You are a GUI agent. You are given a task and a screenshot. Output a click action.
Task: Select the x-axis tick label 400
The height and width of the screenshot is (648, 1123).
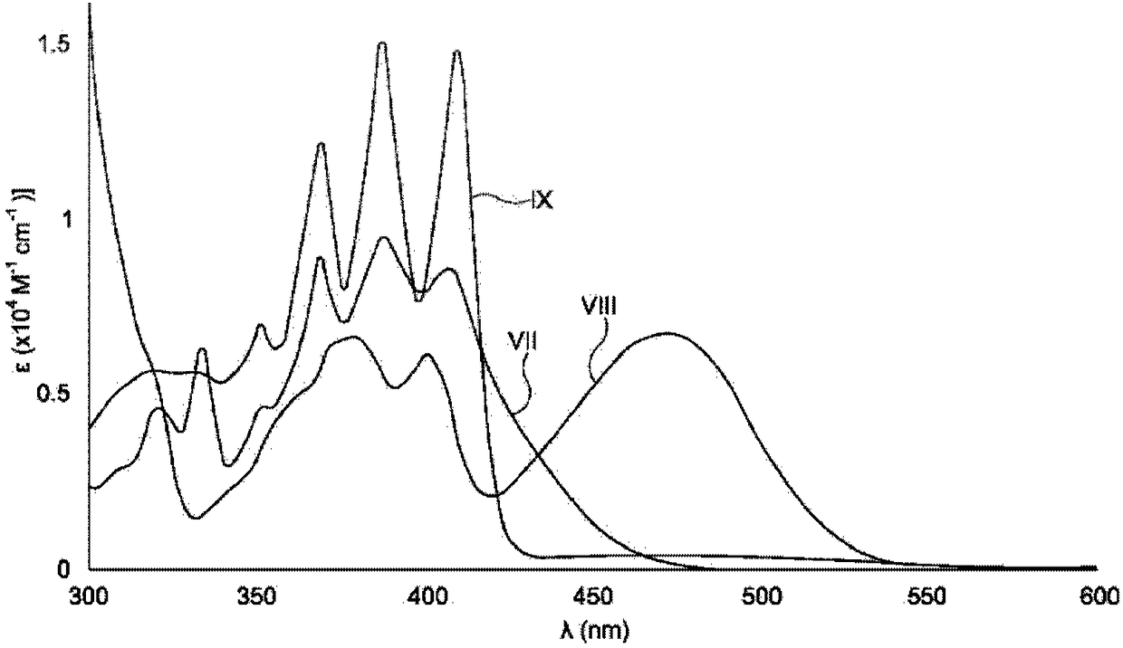(x=427, y=597)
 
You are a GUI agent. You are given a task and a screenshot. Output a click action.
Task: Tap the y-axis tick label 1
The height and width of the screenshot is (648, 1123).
(x=63, y=221)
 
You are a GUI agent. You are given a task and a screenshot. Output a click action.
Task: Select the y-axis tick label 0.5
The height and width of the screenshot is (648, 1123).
(x=56, y=395)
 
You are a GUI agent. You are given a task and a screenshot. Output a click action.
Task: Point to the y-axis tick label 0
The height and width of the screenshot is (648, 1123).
(x=64, y=570)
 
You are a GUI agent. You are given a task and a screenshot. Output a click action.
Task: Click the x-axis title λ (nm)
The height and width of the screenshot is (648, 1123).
(x=593, y=631)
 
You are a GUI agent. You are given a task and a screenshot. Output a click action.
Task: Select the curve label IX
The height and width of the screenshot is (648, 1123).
(x=542, y=201)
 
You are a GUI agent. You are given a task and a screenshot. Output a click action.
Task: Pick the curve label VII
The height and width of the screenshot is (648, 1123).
(x=523, y=341)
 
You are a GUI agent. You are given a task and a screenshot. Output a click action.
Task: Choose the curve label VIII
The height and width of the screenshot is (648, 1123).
(x=599, y=307)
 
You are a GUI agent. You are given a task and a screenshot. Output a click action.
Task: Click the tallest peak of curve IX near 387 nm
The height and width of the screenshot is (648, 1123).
(x=382, y=43)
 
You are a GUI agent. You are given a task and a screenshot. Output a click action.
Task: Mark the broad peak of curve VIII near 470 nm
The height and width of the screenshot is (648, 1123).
(x=667, y=333)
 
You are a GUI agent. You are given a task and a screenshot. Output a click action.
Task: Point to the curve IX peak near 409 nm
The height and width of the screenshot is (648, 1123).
(x=456, y=51)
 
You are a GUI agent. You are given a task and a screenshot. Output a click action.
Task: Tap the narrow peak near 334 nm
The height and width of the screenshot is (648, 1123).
(x=202, y=348)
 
